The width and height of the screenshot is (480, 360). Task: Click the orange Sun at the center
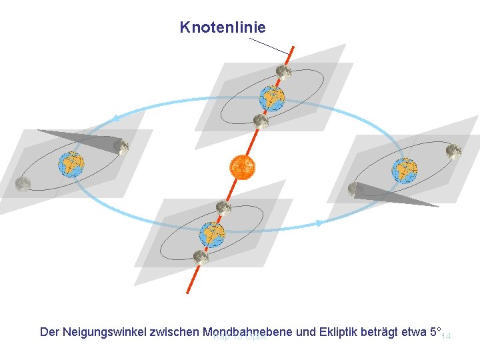(x=242, y=167)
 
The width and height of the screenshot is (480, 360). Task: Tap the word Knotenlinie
(x=223, y=27)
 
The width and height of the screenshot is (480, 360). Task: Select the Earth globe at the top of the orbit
(x=271, y=98)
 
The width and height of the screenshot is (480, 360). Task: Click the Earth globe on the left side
(x=71, y=164)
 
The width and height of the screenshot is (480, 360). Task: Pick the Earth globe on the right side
(x=404, y=171)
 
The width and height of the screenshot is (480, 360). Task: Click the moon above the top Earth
(x=283, y=71)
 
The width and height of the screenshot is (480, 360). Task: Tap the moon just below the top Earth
(x=261, y=121)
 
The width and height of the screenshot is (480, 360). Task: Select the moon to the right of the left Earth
(x=121, y=146)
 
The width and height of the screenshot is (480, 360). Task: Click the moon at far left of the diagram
(x=23, y=184)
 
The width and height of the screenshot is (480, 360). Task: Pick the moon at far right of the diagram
(x=454, y=151)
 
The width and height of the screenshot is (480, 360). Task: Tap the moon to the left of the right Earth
(x=355, y=189)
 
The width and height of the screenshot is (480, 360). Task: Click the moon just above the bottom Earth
(x=223, y=208)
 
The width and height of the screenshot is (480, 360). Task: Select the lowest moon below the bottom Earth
(x=199, y=257)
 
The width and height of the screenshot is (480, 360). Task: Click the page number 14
(x=447, y=337)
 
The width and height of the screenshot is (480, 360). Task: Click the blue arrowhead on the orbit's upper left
(x=117, y=119)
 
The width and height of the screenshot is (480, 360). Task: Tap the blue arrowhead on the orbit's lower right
(x=319, y=224)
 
